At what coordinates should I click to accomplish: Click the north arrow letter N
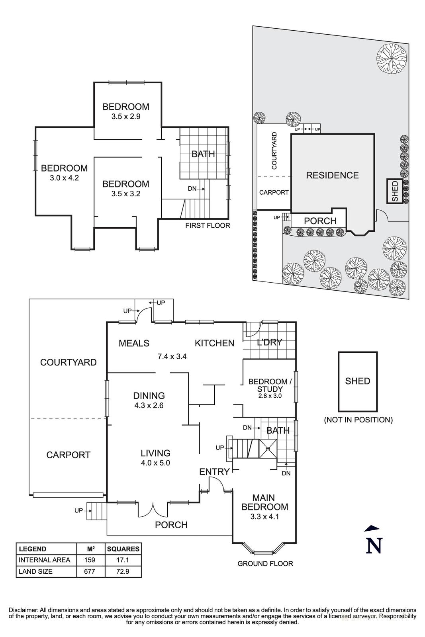click(374, 545)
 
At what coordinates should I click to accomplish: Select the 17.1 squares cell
click(123, 560)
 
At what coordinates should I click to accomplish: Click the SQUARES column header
click(123, 549)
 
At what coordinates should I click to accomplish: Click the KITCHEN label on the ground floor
click(214, 343)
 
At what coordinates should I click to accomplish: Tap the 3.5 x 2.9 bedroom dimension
click(125, 117)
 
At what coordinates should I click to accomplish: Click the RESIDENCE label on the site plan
click(332, 175)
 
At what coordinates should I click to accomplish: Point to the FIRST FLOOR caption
click(208, 226)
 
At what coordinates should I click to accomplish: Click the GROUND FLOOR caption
click(265, 563)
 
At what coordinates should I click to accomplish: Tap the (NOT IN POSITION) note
click(358, 420)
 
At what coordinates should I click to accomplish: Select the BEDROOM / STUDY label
click(270, 385)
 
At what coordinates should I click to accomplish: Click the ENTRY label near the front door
click(214, 472)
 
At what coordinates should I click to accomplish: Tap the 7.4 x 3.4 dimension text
click(172, 356)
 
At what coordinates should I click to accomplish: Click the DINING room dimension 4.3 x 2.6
click(149, 406)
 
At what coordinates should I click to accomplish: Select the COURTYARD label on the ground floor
click(68, 362)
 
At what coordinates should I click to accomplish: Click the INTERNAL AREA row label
click(44, 560)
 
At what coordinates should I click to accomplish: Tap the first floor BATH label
click(203, 154)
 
